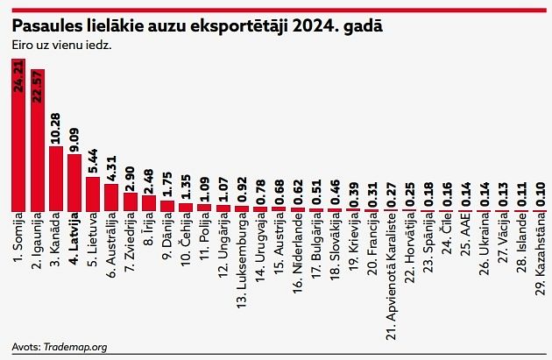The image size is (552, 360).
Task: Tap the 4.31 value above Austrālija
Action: [111, 166]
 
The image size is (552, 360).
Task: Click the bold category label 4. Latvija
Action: [74, 238]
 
